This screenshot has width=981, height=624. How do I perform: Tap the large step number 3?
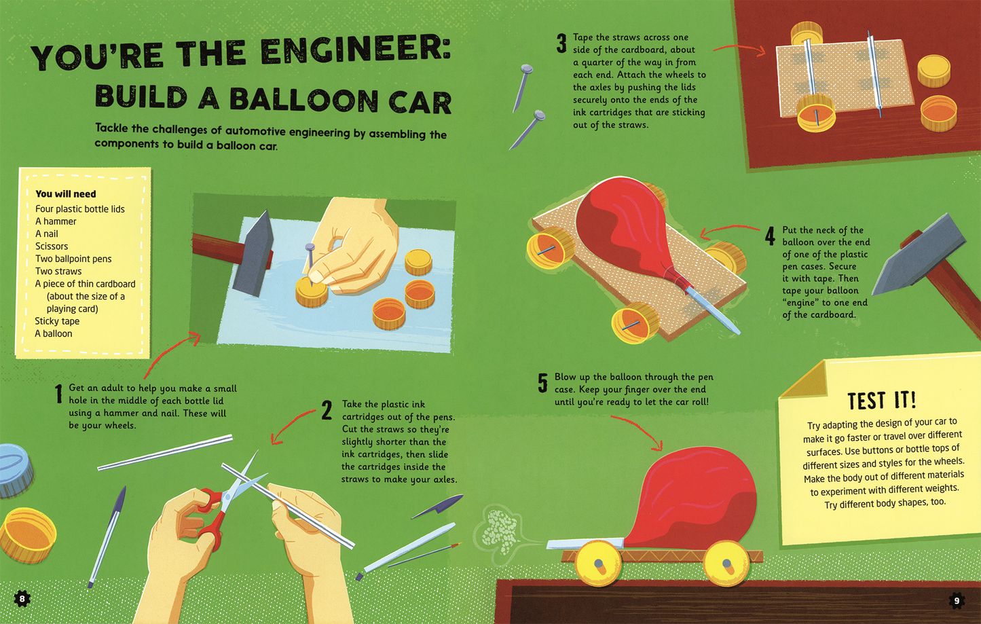click(561, 44)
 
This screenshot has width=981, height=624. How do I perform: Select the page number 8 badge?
click(22, 598)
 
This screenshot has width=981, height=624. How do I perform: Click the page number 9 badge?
click(957, 600)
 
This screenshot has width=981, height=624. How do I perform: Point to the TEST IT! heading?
click(881, 400)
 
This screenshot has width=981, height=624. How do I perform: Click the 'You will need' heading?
click(66, 194)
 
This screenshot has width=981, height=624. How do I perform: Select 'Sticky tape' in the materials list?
click(57, 321)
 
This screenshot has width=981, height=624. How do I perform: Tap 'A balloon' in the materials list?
click(54, 333)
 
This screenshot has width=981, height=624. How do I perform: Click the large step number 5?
click(542, 384)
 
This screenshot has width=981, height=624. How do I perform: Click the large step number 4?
click(770, 236)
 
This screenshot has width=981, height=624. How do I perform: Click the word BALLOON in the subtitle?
click(303, 100)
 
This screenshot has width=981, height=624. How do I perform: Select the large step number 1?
click(59, 394)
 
